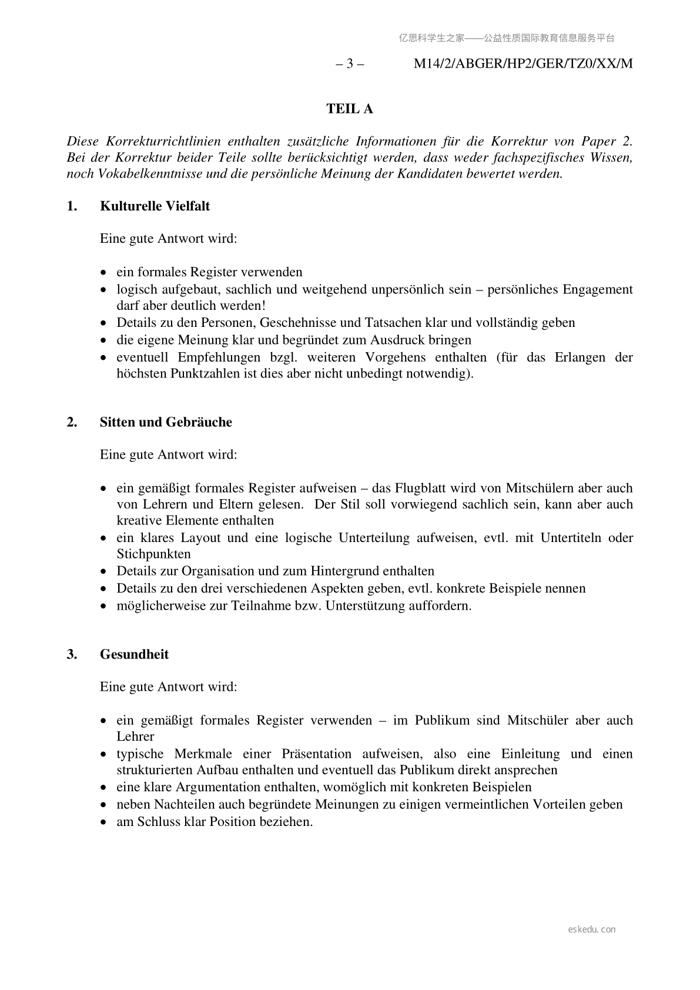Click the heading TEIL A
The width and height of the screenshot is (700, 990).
350,109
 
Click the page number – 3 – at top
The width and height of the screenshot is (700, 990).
350,64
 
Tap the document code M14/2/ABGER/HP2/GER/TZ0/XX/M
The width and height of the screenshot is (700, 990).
523,64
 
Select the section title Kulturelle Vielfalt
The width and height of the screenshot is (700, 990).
155,206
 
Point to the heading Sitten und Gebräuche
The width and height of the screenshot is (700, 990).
166,422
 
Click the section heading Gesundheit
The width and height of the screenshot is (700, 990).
134,654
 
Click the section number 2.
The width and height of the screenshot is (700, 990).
72,422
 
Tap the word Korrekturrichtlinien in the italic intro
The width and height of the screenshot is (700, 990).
163,141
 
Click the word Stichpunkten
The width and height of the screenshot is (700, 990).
153,554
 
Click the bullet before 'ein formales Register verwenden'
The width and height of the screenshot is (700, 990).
104,273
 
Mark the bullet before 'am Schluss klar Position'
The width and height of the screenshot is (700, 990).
104,822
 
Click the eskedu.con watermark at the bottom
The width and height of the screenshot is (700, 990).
592,929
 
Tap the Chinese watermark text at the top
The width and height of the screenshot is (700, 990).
507,38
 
